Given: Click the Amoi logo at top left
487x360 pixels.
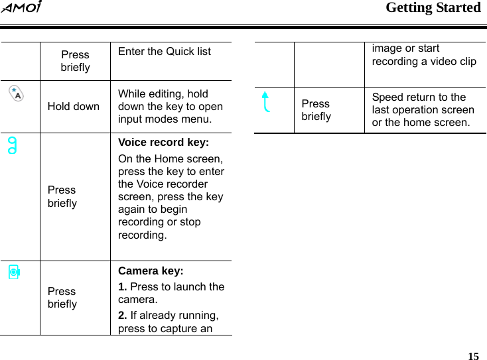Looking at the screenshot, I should coord(22,9).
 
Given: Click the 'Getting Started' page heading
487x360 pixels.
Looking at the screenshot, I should coord(433,8).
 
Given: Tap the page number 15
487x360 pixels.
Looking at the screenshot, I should coord(473,356).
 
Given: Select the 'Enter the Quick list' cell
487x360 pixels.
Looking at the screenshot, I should coord(165,52).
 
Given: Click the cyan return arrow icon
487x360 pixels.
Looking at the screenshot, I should coord(267,102).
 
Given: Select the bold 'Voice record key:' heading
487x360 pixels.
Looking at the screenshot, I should coord(163,143).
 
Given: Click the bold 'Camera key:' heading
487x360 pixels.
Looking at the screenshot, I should coord(151,271).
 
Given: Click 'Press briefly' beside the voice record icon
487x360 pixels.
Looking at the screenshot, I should coord(62,196).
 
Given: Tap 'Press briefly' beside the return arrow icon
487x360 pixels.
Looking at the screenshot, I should coord(316,110).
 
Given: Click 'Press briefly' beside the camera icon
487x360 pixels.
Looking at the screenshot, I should coord(62,298).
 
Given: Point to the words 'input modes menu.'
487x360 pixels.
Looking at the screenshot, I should coord(165,119).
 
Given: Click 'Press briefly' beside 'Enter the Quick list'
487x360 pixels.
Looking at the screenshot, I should coord(75,61).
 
